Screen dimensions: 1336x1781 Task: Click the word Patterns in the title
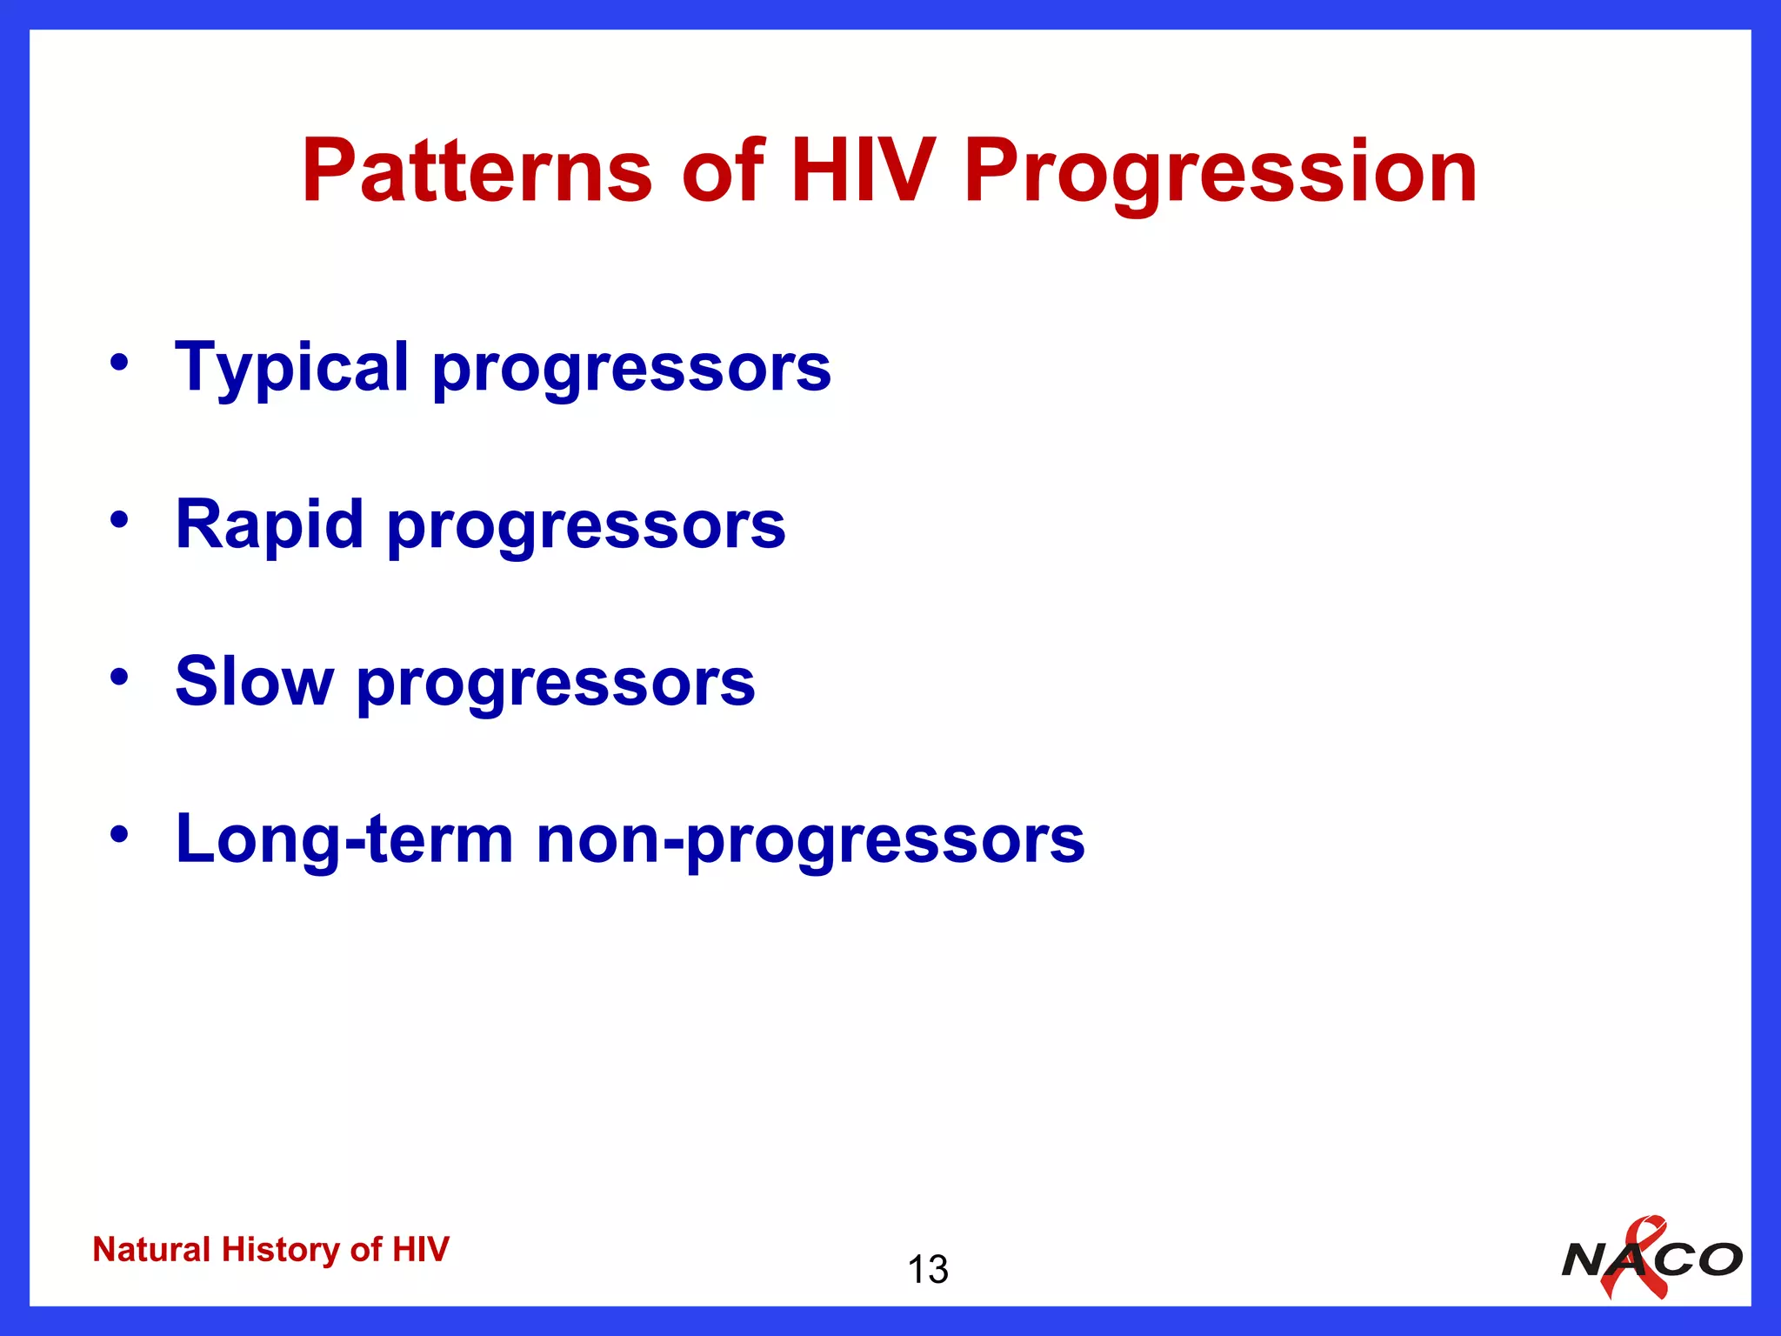click(477, 171)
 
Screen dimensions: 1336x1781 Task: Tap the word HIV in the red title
click(862, 171)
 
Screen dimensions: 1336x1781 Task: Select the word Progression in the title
click(1219, 171)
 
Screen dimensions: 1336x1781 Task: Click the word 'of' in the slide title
click(721, 171)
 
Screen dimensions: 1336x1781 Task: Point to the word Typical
click(291, 367)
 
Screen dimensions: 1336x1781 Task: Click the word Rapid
click(269, 524)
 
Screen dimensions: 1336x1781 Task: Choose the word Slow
click(254, 681)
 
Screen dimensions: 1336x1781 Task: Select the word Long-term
click(344, 838)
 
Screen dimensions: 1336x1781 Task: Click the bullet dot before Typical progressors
click(119, 363)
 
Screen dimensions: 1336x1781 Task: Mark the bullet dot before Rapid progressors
click(119, 520)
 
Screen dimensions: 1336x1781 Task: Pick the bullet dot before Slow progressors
click(119, 677)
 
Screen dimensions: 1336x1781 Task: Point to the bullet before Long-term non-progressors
click(119, 834)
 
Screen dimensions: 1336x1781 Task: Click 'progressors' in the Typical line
click(631, 369)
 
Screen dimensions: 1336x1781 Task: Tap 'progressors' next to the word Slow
click(556, 684)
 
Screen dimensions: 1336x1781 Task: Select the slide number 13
click(927, 1270)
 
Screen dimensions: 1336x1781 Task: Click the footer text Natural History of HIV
click(270, 1249)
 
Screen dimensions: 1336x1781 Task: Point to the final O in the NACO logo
click(1718, 1259)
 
